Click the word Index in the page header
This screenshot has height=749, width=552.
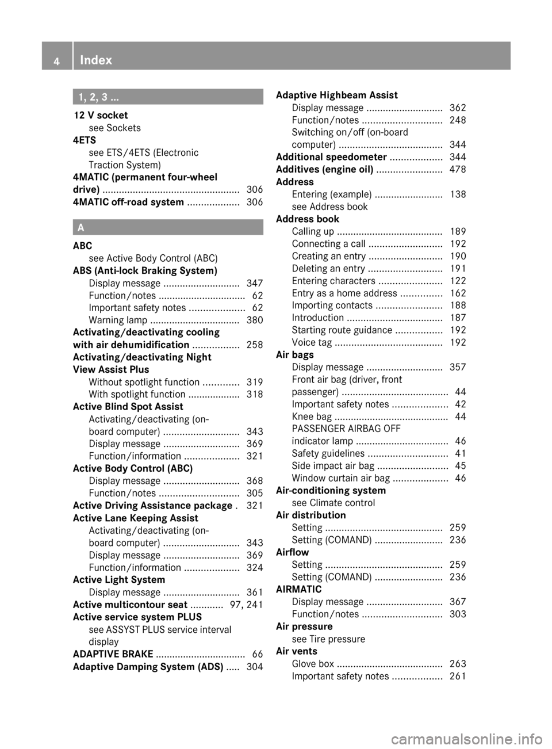[x=96, y=60]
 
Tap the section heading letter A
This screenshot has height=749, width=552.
[x=80, y=228]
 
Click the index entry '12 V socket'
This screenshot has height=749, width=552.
[x=101, y=115]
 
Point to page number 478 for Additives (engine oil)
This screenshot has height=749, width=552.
[x=458, y=169]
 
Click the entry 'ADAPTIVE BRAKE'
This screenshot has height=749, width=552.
[x=113, y=654]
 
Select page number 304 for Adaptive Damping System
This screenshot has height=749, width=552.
[x=255, y=667]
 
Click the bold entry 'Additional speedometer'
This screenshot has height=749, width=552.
[x=331, y=157]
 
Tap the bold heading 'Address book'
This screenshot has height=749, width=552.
[x=308, y=219]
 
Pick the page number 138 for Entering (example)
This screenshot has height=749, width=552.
[x=458, y=194]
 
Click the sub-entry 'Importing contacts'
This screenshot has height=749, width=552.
[x=332, y=305]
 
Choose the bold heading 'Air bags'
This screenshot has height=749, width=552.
[x=295, y=355]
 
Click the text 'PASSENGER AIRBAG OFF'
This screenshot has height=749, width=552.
[x=346, y=429]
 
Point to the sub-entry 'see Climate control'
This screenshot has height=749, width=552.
[x=333, y=503]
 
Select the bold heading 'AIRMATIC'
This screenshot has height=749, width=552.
[x=299, y=589]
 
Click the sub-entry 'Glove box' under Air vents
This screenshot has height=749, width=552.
[x=313, y=664]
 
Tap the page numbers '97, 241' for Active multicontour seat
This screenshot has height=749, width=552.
[x=246, y=605]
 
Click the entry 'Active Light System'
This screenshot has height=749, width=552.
[x=119, y=580]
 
